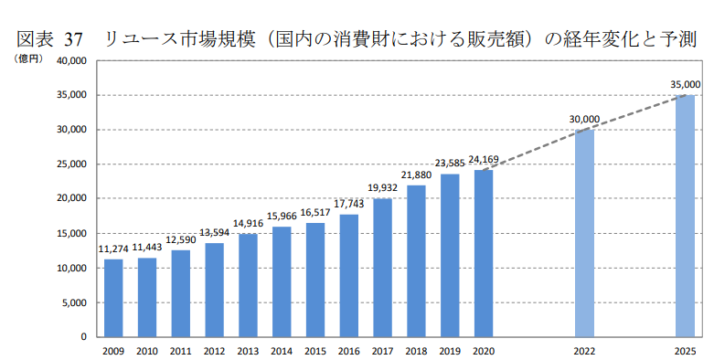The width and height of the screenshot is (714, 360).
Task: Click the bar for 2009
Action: (113, 298)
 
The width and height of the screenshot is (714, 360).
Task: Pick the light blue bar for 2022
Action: (584, 233)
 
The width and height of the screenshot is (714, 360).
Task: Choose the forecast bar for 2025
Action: (685, 216)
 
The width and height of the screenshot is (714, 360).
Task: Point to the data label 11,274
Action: (113, 249)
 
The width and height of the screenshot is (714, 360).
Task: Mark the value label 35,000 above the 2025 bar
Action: (685, 84)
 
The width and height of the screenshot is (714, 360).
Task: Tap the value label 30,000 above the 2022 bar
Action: (584, 119)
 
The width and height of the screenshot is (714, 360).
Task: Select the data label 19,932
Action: (382, 188)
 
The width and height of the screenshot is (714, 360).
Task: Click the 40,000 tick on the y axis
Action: (70, 61)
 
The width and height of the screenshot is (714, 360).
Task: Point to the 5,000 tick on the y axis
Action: (73, 302)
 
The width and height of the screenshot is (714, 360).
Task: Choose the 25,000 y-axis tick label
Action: (70, 164)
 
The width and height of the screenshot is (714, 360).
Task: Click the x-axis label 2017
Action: (382, 350)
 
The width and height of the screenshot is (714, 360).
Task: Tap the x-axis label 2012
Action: (214, 350)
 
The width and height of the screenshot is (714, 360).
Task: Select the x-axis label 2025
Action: (685, 350)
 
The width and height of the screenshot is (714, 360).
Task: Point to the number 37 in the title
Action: (74, 39)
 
